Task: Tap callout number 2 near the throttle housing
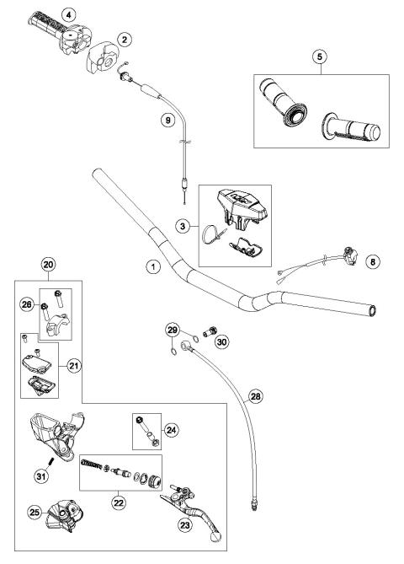[x=125, y=39]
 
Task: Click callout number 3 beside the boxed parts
[x=183, y=227]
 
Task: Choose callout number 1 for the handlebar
[x=152, y=267]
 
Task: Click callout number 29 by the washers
[x=173, y=329]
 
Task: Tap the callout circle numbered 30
[x=221, y=342]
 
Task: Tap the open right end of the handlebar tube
[x=371, y=311]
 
